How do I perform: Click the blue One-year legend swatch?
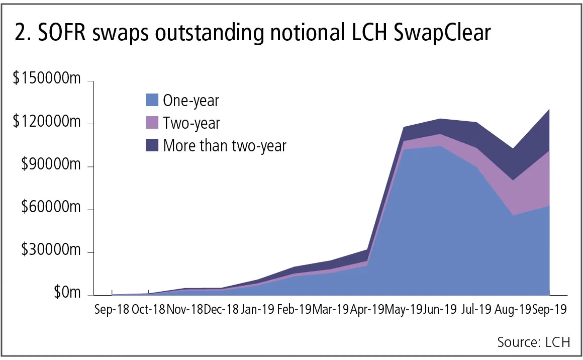coord(151,101)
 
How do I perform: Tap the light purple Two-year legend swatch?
coord(151,123)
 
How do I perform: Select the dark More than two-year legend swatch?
coord(151,146)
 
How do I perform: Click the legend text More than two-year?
coord(225,146)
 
